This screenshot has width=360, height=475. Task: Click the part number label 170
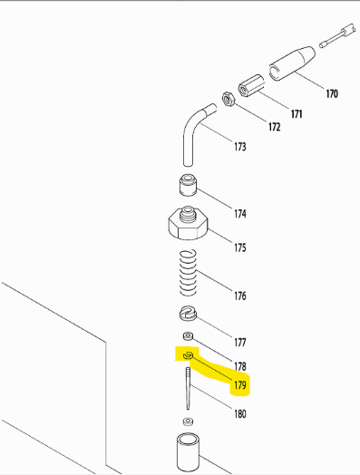(331, 93)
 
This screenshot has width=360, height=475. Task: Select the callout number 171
(296, 113)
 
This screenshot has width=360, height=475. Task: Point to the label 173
(240, 146)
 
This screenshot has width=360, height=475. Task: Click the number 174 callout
(239, 215)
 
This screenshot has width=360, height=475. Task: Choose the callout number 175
(239, 247)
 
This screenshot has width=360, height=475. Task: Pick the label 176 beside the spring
(239, 296)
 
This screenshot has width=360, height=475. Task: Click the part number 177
(239, 343)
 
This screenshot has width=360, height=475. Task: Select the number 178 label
(239, 366)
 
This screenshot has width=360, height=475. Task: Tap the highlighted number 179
(239, 385)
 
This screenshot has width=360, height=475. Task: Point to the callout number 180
(239, 414)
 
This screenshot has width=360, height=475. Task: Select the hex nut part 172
(229, 97)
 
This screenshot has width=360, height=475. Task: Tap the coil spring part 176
(188, 272)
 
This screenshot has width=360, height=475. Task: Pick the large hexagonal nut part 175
(188, 223)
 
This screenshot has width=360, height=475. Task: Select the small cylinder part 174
(188, 187)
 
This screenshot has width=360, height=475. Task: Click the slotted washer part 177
(188, 315)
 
